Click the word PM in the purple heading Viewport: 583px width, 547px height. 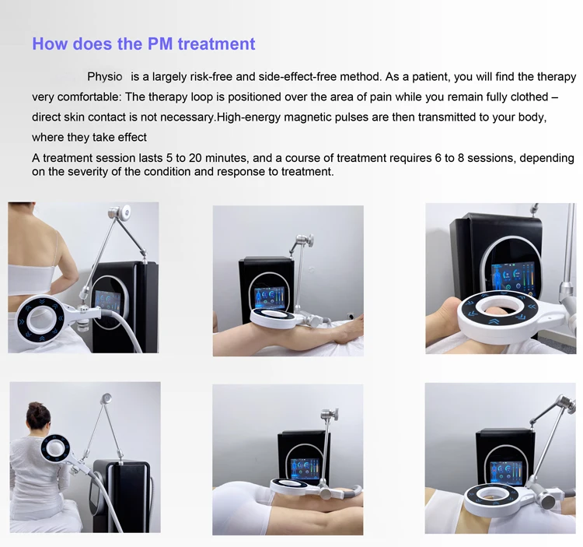(159, 44)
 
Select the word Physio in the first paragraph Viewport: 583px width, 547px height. (105, 77)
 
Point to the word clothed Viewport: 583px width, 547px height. (527, 97)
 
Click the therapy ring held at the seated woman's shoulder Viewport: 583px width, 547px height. (55, 450)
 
